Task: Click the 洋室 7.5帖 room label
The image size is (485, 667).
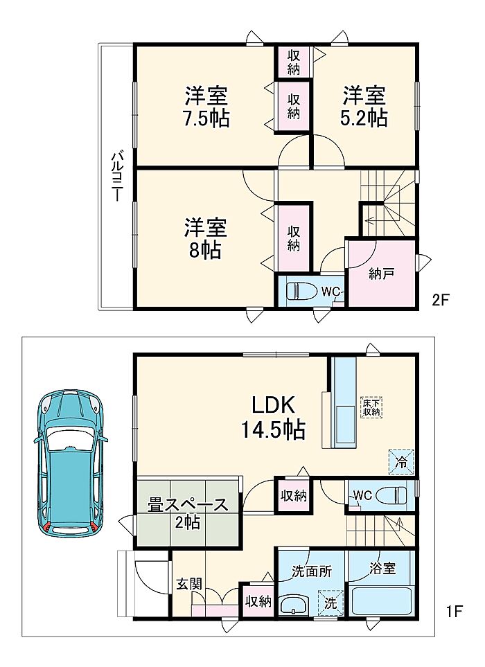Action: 206,107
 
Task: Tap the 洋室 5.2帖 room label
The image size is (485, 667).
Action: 364,107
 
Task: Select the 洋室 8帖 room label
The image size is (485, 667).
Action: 206,238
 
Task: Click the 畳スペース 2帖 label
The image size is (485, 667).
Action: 188,513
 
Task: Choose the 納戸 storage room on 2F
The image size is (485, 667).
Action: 381,272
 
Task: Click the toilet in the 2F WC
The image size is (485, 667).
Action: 302,292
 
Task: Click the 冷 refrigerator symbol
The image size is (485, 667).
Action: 400,461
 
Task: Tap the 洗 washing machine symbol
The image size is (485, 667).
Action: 331,602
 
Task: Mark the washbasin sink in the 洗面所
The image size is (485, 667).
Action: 294,604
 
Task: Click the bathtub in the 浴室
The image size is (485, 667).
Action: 382,600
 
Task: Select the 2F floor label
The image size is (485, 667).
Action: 441,301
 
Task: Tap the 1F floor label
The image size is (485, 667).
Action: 454,612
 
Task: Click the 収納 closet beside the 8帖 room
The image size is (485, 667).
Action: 293,238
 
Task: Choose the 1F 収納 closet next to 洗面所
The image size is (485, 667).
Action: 258,601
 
